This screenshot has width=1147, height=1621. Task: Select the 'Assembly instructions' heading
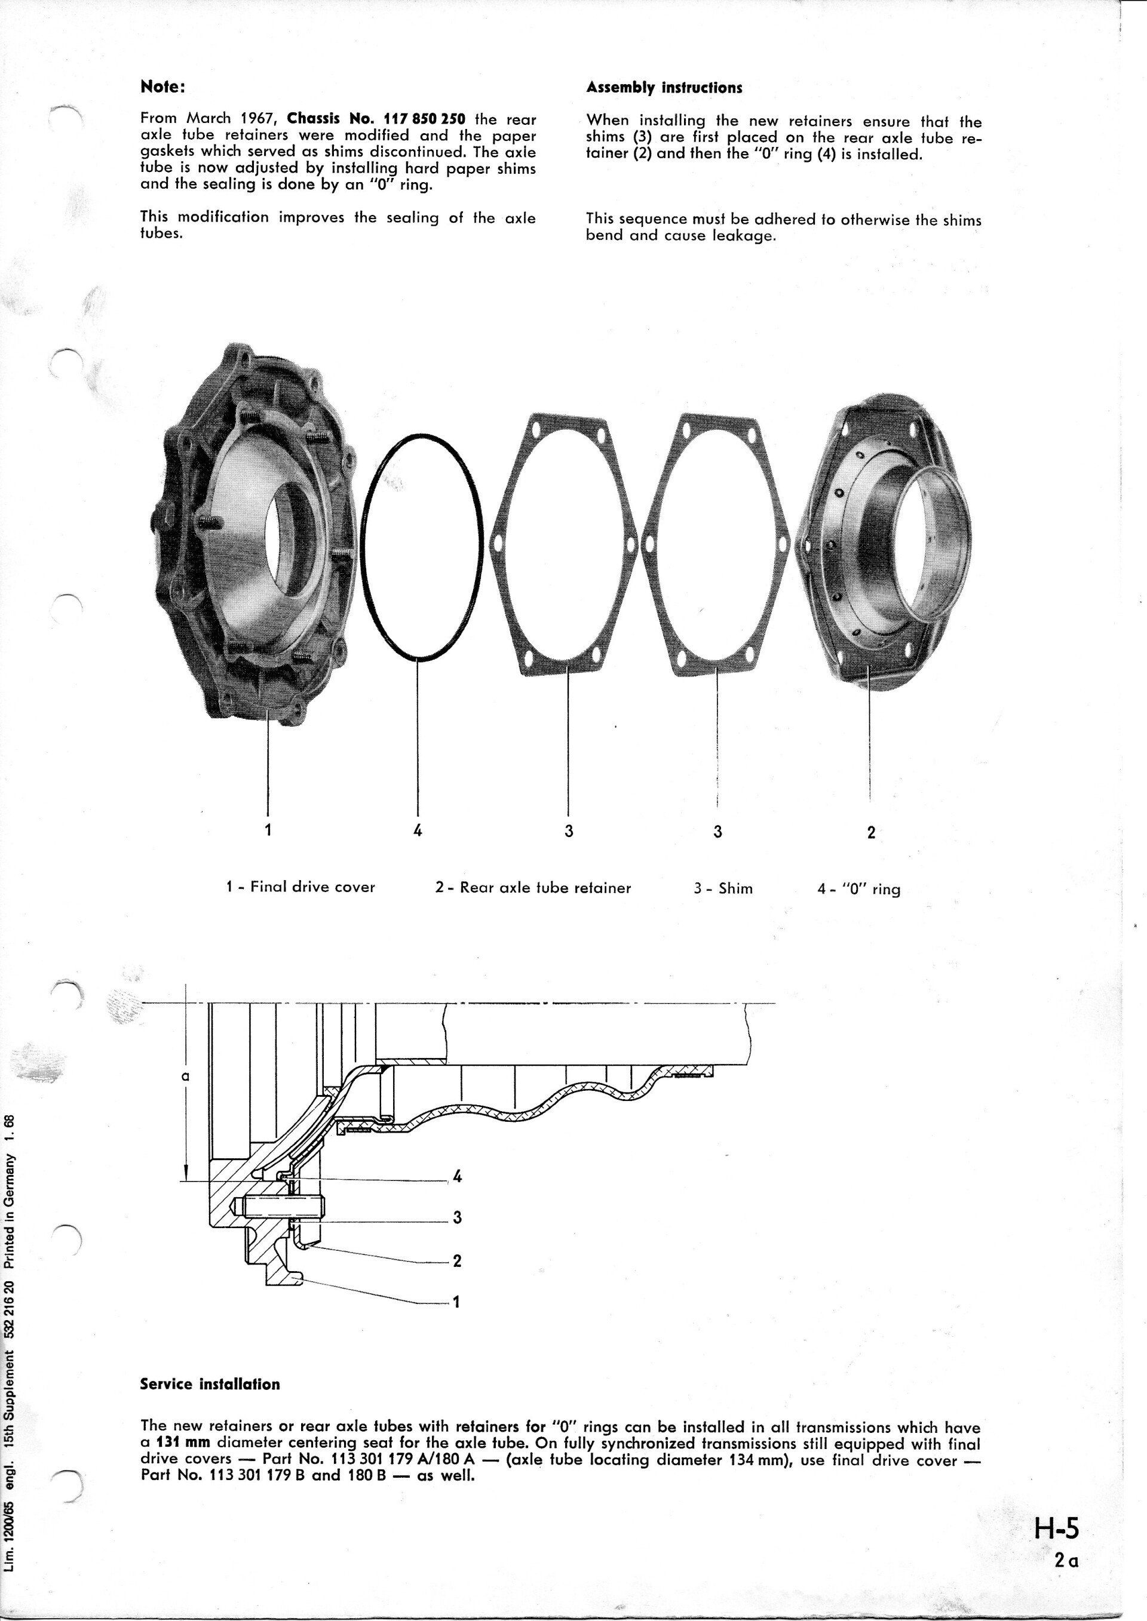pyautogui.click(x=664, y=88)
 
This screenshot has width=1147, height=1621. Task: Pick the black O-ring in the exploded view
pyautogui.click(x=361, y=550)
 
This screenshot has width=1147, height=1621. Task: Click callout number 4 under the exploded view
pyautogui.click(x=418, y=831)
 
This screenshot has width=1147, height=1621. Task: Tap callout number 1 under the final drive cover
pyautogui.click(x=268, y=831)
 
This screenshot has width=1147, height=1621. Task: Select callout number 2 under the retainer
pyautogui.click(x=871, y=832)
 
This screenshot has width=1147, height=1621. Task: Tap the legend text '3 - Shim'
pyautogui.click(x=723, y=888)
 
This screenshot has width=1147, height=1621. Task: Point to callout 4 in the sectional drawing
pyautogui.click(x=457, y=1177)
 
